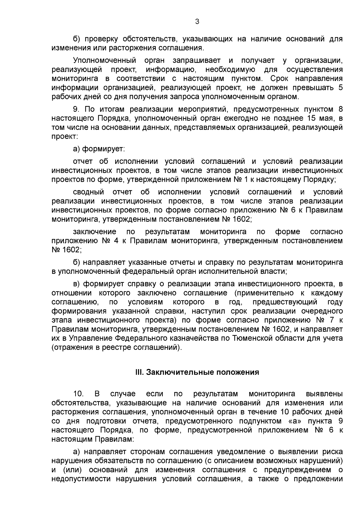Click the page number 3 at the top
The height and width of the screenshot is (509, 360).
point(197,21)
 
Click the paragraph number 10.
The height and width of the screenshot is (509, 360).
point(79,394)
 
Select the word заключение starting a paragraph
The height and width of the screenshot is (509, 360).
point(94,232)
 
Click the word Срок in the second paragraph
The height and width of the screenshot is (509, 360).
point(279,79)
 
